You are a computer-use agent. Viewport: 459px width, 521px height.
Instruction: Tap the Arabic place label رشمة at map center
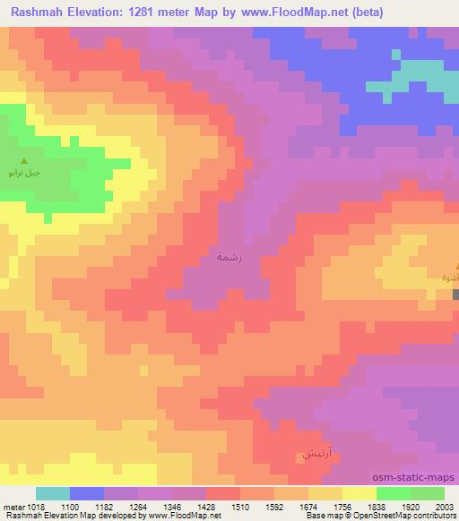229,256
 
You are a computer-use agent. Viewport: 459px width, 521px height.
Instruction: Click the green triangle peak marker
24,161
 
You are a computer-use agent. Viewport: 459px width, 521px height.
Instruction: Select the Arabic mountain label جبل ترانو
23,172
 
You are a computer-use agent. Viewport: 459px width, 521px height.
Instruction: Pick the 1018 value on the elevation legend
36,506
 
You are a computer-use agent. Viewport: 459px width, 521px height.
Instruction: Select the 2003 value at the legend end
443,506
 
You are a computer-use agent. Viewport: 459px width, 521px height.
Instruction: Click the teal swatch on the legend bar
53,493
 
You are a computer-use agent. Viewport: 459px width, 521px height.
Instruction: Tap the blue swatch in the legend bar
87,493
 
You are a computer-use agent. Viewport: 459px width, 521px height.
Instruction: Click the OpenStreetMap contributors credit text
414,517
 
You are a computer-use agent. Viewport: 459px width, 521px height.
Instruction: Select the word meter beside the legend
12,506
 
